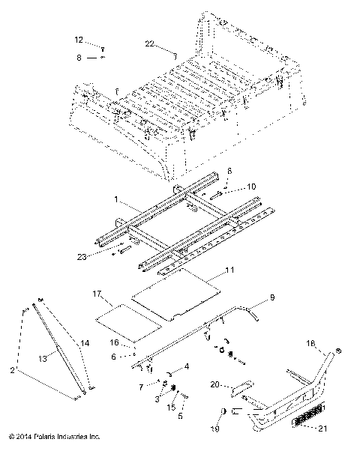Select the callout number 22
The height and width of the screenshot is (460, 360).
pyautogui.click(x=150, y=45)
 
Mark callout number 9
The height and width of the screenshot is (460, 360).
pyautogui.click(x=272, y=297)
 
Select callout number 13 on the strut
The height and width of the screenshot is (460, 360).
pyautogui.click(x=53, y=359)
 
